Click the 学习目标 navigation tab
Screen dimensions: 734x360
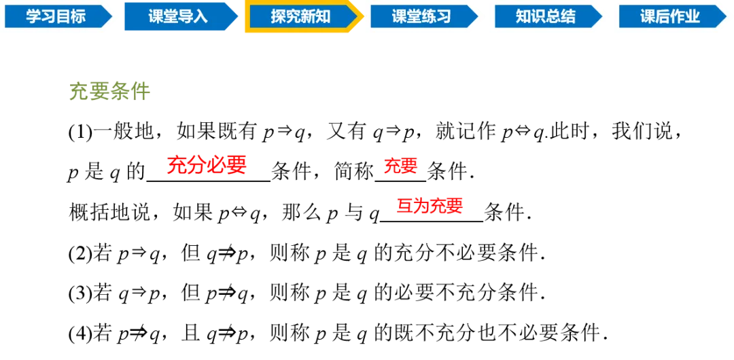tap(56, 17)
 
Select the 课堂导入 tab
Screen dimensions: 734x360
tap(177, 17)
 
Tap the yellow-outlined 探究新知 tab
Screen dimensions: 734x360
tap(300, 17)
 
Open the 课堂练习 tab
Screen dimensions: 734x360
tap(421, 17)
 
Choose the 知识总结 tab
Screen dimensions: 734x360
tap(545, 17)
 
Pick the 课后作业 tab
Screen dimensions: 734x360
tap(669, 17)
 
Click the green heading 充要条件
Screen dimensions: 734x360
tap(109, 92)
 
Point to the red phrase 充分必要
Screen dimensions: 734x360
tap(207, 165)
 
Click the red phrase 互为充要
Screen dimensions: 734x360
tap(430, 206)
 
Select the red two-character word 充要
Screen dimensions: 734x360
tap(400, 166)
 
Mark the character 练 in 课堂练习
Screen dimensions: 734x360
tap(429, 17)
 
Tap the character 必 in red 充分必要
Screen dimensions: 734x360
tap(217, 165)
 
